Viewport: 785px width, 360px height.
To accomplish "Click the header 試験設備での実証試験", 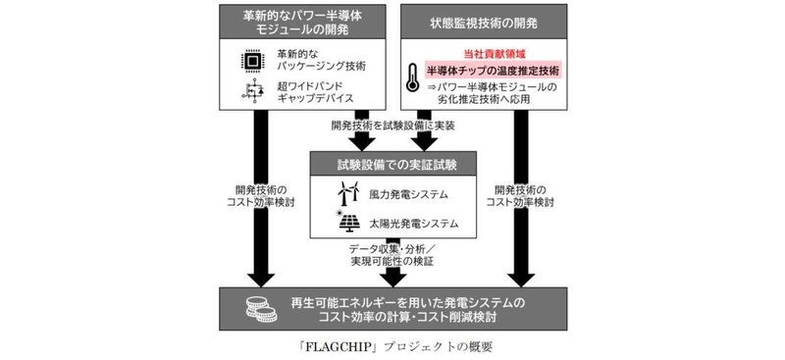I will tap(392, 162).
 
